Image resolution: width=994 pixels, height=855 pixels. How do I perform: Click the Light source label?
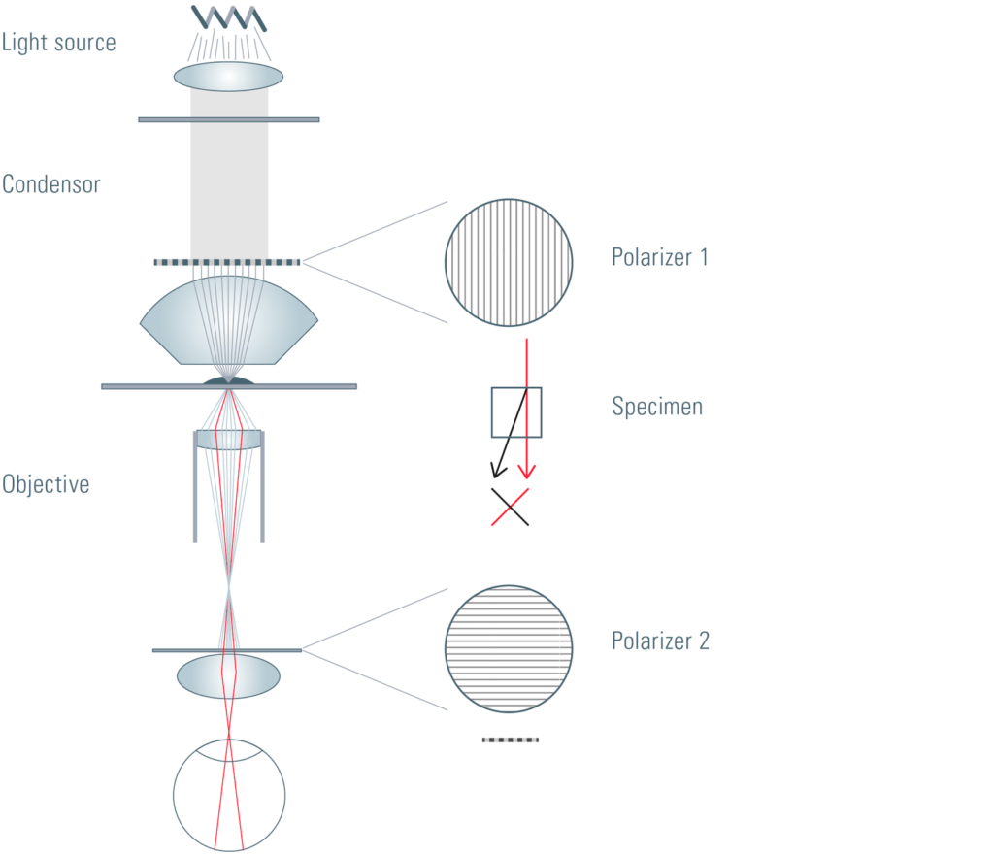pos(58,43)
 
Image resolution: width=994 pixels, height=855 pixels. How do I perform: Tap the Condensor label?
pos(51,184)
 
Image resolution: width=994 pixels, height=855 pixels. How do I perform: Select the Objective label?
pos(46,484)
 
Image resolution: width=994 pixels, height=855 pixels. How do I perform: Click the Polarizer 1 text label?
pos(659,257)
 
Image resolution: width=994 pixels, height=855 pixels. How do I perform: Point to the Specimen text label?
pos(657,407)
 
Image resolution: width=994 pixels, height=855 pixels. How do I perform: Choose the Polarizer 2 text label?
pos(660,641)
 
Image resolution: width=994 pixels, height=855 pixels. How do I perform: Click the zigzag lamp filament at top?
pos(229,17)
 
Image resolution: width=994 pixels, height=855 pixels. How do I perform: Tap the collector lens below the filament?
pos(228,76)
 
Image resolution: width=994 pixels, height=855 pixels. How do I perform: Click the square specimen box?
pos(492,412)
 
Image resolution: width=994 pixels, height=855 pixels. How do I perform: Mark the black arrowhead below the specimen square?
pos(498,471)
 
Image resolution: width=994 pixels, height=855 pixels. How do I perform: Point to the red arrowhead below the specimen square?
pos(527,472)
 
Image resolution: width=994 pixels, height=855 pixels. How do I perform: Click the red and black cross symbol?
pos(510,507)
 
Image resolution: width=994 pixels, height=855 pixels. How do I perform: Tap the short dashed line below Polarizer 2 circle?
pos(511,740)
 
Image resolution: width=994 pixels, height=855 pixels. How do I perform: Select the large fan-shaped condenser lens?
pos(229,320)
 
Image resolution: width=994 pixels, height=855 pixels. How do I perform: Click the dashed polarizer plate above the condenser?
pos(227,262)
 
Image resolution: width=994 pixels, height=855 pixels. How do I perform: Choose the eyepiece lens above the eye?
pos(228,676)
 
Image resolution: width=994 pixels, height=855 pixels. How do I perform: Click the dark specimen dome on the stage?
pos(229,380)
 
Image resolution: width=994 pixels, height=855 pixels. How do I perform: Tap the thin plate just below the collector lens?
pos(229,119)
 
